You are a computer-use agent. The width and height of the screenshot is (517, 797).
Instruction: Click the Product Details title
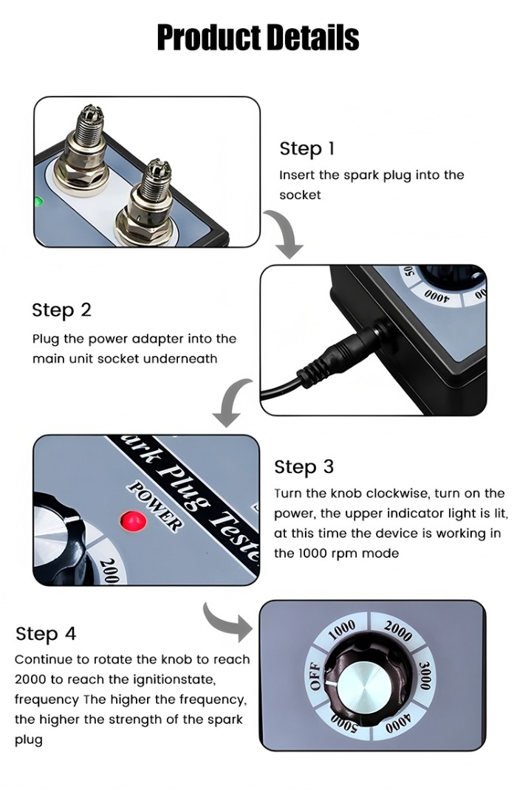coord(258,37)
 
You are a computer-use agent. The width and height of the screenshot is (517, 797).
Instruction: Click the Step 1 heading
coord(307,148)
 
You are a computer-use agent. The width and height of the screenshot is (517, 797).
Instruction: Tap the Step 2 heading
coord(61,309)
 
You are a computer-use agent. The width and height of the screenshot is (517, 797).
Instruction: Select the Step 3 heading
coord(304,466)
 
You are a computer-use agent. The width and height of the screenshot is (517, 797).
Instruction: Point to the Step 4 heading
coord(46,634)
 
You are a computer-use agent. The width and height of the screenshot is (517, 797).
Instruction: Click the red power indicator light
coord(133,520)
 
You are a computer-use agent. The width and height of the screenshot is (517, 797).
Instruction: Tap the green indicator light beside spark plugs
coord(38,201)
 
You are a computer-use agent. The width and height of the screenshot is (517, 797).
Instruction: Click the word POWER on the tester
coord(154,506)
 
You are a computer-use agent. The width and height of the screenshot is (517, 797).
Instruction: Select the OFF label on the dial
coord(315,677)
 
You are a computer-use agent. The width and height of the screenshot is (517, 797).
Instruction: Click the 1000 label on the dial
coord(341,629)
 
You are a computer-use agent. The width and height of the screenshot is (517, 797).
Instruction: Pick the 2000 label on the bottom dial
coord(397,631)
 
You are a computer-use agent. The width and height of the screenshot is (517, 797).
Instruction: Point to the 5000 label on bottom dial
coord(344,722)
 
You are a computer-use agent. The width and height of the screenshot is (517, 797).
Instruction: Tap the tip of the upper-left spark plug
coord(90,113)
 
